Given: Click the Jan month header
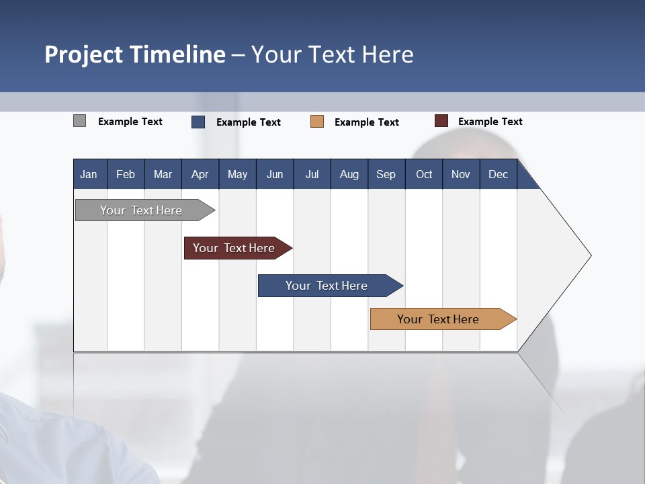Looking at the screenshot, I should point(89,175).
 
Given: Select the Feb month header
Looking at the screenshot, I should point(126,175).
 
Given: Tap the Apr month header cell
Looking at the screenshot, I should point(200,175).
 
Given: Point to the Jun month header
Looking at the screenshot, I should point(275,175).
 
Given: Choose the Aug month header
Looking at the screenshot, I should point(349,175).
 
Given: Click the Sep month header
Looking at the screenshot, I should point(386,175).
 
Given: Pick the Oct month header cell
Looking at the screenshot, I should point(424,175).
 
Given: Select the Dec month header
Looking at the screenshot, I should point(498,175).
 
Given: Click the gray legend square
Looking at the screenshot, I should point(79,121).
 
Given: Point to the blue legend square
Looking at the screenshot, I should point(198,122).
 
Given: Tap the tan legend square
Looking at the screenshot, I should point(317,122).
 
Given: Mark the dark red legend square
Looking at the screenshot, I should point(441,121).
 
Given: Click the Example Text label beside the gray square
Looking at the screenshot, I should point(130,122).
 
